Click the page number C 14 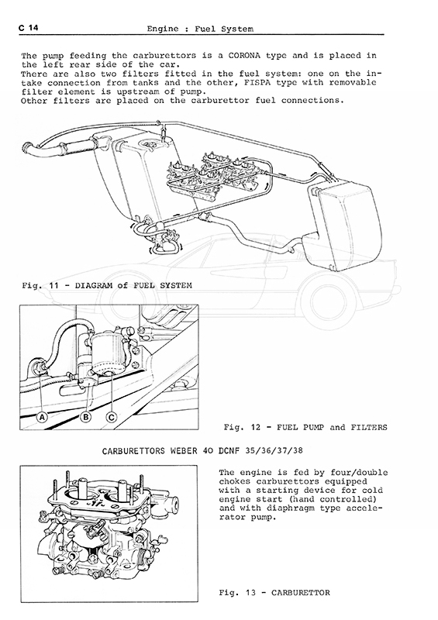[x=28, y=28]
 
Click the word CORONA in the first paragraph [x=244, y=55]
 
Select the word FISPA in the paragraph [x=254, y=83]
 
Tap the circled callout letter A [x=42, y=417]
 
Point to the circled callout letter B [x=86, y=417]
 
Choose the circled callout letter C [x=112, y=417]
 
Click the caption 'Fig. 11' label [x=40, y=285]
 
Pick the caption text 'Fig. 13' [x=237, y=592]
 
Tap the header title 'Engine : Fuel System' [x=200, y=29]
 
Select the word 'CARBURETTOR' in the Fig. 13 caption [x=301, y=592]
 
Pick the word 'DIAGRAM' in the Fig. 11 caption [x=93, y=285]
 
